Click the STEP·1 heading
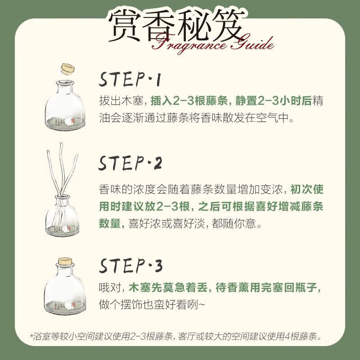click(130, 80)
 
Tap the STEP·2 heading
click(130, 163)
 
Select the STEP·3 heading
click(130, 265)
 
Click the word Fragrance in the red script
click(189, 44)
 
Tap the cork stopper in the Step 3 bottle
click(65, 261)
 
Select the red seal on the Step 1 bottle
click(72, 121)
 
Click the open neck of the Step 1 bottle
click(65, 83)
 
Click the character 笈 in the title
click(227, 25)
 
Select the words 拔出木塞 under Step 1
click(121, 101)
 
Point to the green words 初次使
click(307, 189)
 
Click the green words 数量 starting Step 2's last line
click(110, 223)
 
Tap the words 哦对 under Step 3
click(110, 288)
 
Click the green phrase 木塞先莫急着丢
click(168, 288)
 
